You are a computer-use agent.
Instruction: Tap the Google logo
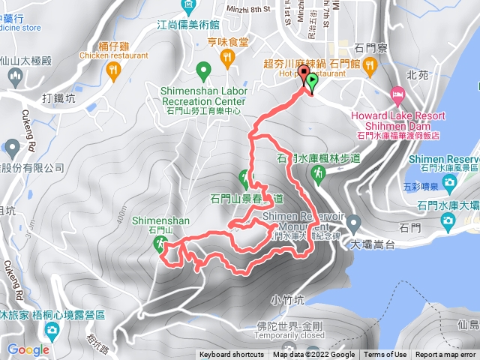pyautogui.click(x=28, y=349)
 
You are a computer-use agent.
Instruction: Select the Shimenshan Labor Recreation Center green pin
pyautogui.click(x=202, y=71)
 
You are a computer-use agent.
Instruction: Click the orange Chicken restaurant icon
pyautogui.click(x=113, y=70)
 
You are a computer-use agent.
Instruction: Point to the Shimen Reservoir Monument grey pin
pyautogui.click(x=353, y=223)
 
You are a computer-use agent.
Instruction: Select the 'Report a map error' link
pyautogui.click(x=446, y=355)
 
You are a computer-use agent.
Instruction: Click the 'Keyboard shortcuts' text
pyautogui.click(x=232, y=355)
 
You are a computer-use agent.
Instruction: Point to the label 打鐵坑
pyautogui.click(x=58, y=98)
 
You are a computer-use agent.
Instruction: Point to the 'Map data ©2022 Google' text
pyautogui.click(x=313, y=355)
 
